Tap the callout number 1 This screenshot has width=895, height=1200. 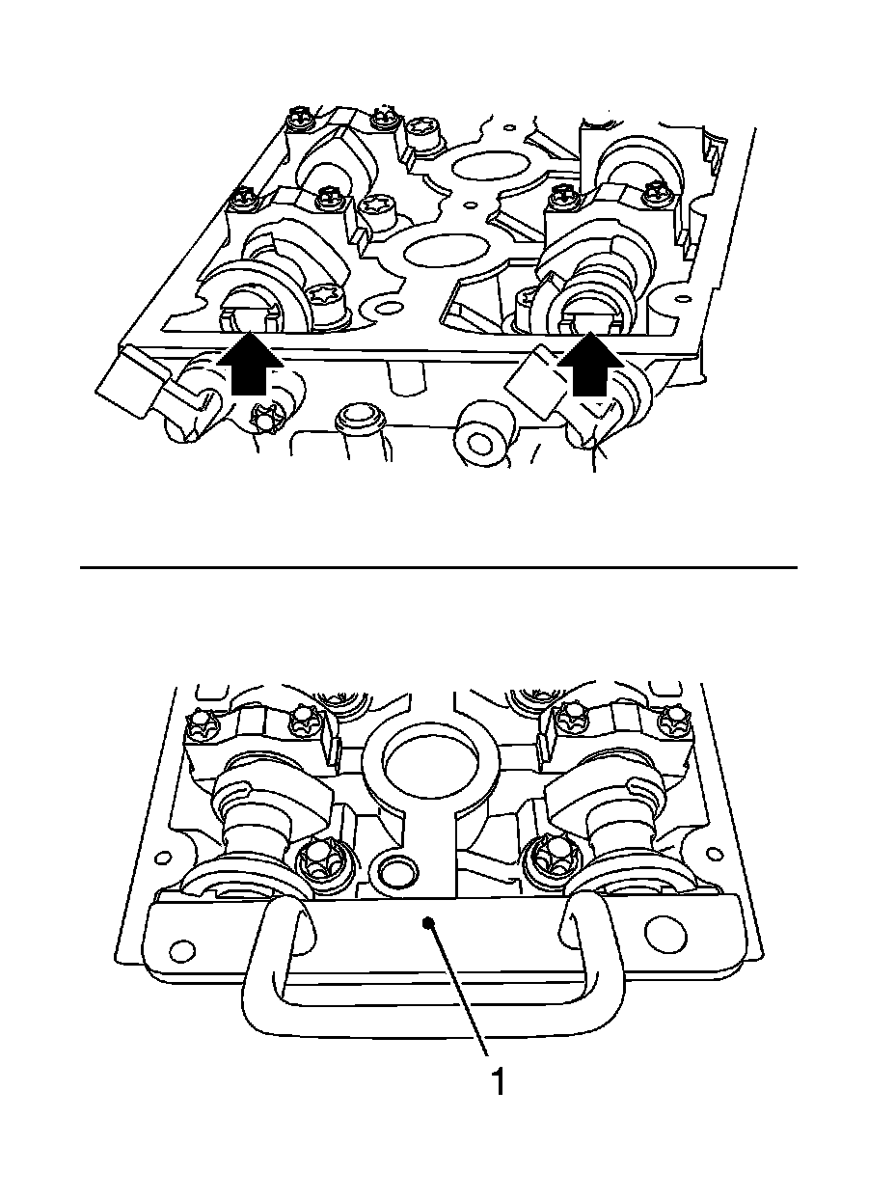click(498, 1082)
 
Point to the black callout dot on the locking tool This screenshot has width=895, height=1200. click(429, 922)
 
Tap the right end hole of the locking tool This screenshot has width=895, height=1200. click(665, 930)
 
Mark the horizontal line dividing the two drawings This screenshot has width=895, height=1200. click(438, 568)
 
